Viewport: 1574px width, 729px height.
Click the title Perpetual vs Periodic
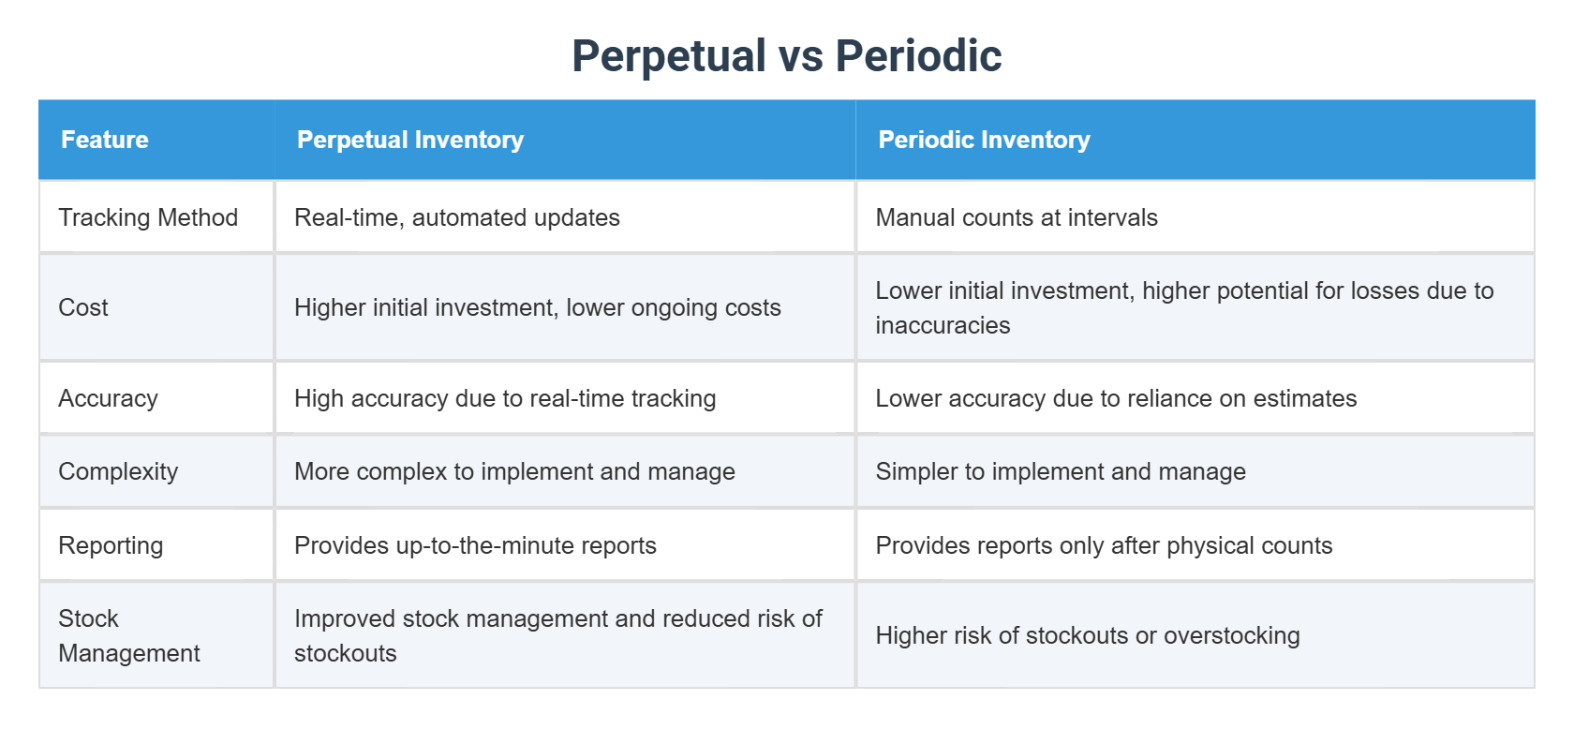click(x=786, y=55)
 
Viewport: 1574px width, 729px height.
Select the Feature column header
click(x=105, y=140)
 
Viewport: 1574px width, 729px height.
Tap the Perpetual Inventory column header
click(x=409, y=140)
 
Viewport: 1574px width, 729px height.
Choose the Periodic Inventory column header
click(x=984, y=140)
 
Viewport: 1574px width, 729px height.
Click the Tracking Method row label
click(x=148, y=217)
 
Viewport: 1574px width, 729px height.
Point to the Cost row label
click(x=83, y=307)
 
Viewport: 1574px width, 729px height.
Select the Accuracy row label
click(x=108, y=398)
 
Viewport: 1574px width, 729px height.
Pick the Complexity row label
click(x=118, y=471)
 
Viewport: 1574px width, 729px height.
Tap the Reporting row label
click(x=111, y=545)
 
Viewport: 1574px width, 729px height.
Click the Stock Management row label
click(x=128, y=635)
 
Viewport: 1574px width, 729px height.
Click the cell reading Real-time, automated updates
click(x=456, y=217)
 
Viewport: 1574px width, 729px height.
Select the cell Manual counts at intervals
click(x=1016, y=217)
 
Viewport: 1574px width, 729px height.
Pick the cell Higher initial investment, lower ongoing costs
click(x=537, y=307)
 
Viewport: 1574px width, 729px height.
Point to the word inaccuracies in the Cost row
click(x=943, y=325)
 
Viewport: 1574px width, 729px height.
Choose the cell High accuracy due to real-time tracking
click(x=504, y=398)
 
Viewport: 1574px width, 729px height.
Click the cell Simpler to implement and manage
click(x=1060, y=471)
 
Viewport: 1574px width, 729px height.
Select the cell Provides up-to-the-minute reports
click(x=475, y=545)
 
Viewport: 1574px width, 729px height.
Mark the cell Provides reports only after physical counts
click(x=1103, y=545)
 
